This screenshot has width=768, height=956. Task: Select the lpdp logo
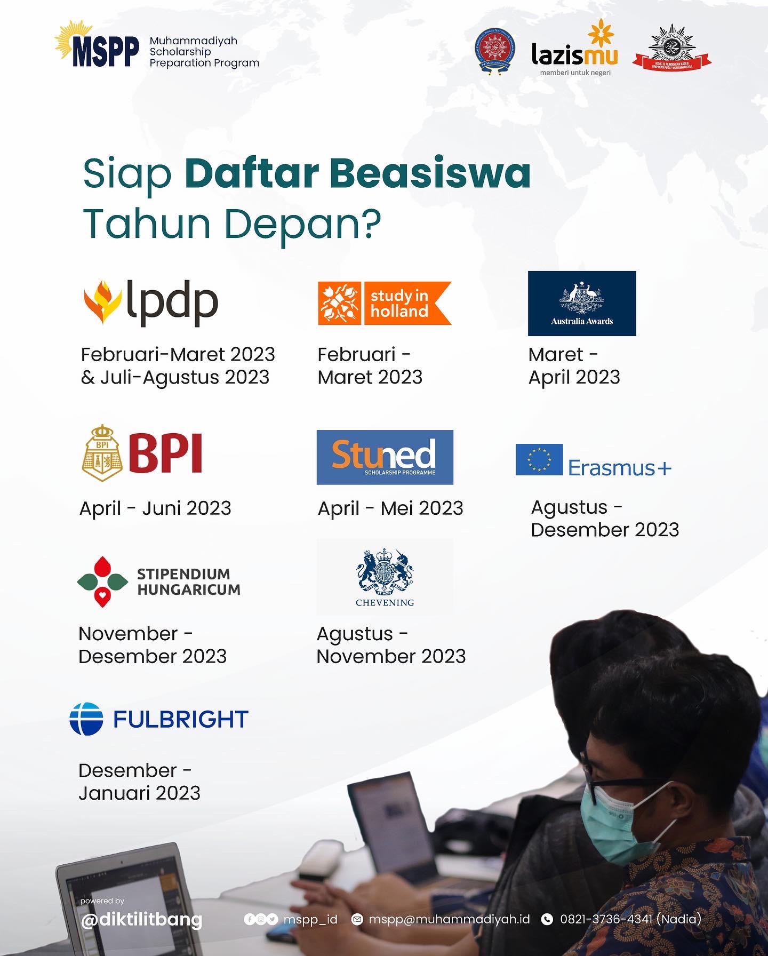tap(151, 302)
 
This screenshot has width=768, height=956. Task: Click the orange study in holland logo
tap(384, 303)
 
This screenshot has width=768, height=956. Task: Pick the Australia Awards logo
tap(581, 303)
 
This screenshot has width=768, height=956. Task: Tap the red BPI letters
tap(165, 453)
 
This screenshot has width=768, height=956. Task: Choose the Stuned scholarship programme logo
tap(385, 457)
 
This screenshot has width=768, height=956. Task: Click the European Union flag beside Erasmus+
tap(539, 459)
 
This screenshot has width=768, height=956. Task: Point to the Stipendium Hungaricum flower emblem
tap(102, 581)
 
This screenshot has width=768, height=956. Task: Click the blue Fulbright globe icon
tap(86, 719)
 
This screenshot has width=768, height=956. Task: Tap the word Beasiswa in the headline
tap(430, 173)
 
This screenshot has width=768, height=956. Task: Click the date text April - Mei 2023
tap(390, 508)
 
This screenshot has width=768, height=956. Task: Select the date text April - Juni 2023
tap(155, 508)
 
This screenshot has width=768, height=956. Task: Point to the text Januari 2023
tap(139, 793)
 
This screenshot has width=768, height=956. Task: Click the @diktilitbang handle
tap(141, 919)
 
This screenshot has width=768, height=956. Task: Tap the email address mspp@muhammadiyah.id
tap(449, 919)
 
